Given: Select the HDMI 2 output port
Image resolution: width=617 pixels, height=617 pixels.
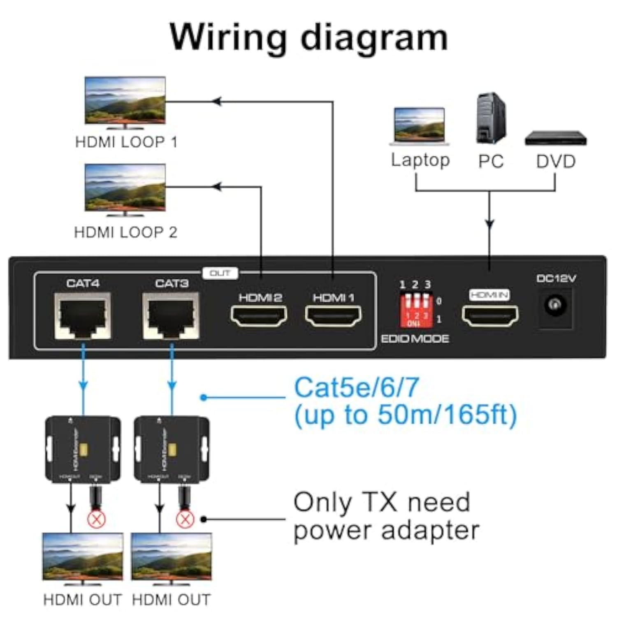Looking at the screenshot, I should (259, 315).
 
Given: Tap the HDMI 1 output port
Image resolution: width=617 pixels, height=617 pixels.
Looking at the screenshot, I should (333, 315).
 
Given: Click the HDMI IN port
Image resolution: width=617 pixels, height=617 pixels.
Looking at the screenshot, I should (490, 315).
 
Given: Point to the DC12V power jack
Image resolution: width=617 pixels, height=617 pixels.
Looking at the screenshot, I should (555, 305).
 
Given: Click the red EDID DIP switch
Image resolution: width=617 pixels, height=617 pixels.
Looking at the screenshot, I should (416, 310).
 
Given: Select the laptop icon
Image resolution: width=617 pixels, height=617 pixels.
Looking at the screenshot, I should (419, 126).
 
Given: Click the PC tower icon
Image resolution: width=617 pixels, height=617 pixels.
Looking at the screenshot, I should (491, 118).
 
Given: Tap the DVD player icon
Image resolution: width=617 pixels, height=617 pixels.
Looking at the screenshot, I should (556, 138).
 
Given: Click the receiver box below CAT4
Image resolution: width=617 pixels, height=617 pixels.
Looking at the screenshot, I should (83, 449).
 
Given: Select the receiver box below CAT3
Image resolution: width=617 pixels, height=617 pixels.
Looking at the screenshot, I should (172, 449).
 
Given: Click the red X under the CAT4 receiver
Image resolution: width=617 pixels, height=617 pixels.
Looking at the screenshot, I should (97, 519).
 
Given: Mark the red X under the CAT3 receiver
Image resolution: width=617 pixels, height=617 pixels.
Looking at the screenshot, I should (185, 519).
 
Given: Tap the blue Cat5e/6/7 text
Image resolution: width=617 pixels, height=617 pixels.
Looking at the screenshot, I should (356, 387).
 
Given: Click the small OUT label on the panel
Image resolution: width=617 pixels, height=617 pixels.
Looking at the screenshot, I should (220, 273).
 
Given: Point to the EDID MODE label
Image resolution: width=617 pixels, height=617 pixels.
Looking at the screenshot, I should (415, 339).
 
